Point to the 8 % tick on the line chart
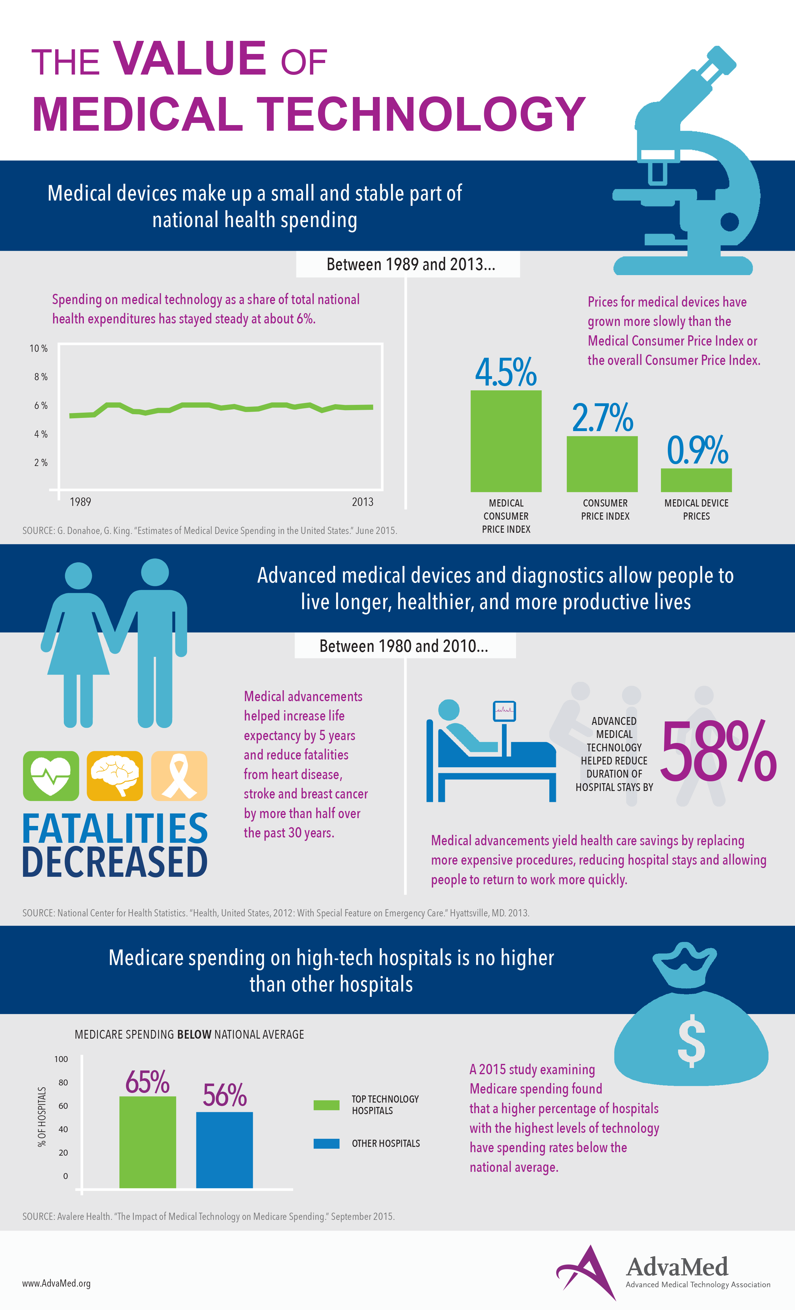tap(41, 377)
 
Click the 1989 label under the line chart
tap(80, 502)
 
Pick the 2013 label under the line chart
tap(362, 502)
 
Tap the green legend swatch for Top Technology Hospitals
tap(326, 1105)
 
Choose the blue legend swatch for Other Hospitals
tap(326, 1143)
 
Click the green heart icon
tap(51, 776)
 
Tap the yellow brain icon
tap(115, 776)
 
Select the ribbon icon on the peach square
tap(179, 776)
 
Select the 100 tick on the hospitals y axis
tap(61, 1059)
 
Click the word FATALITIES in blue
tap(115, 828)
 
